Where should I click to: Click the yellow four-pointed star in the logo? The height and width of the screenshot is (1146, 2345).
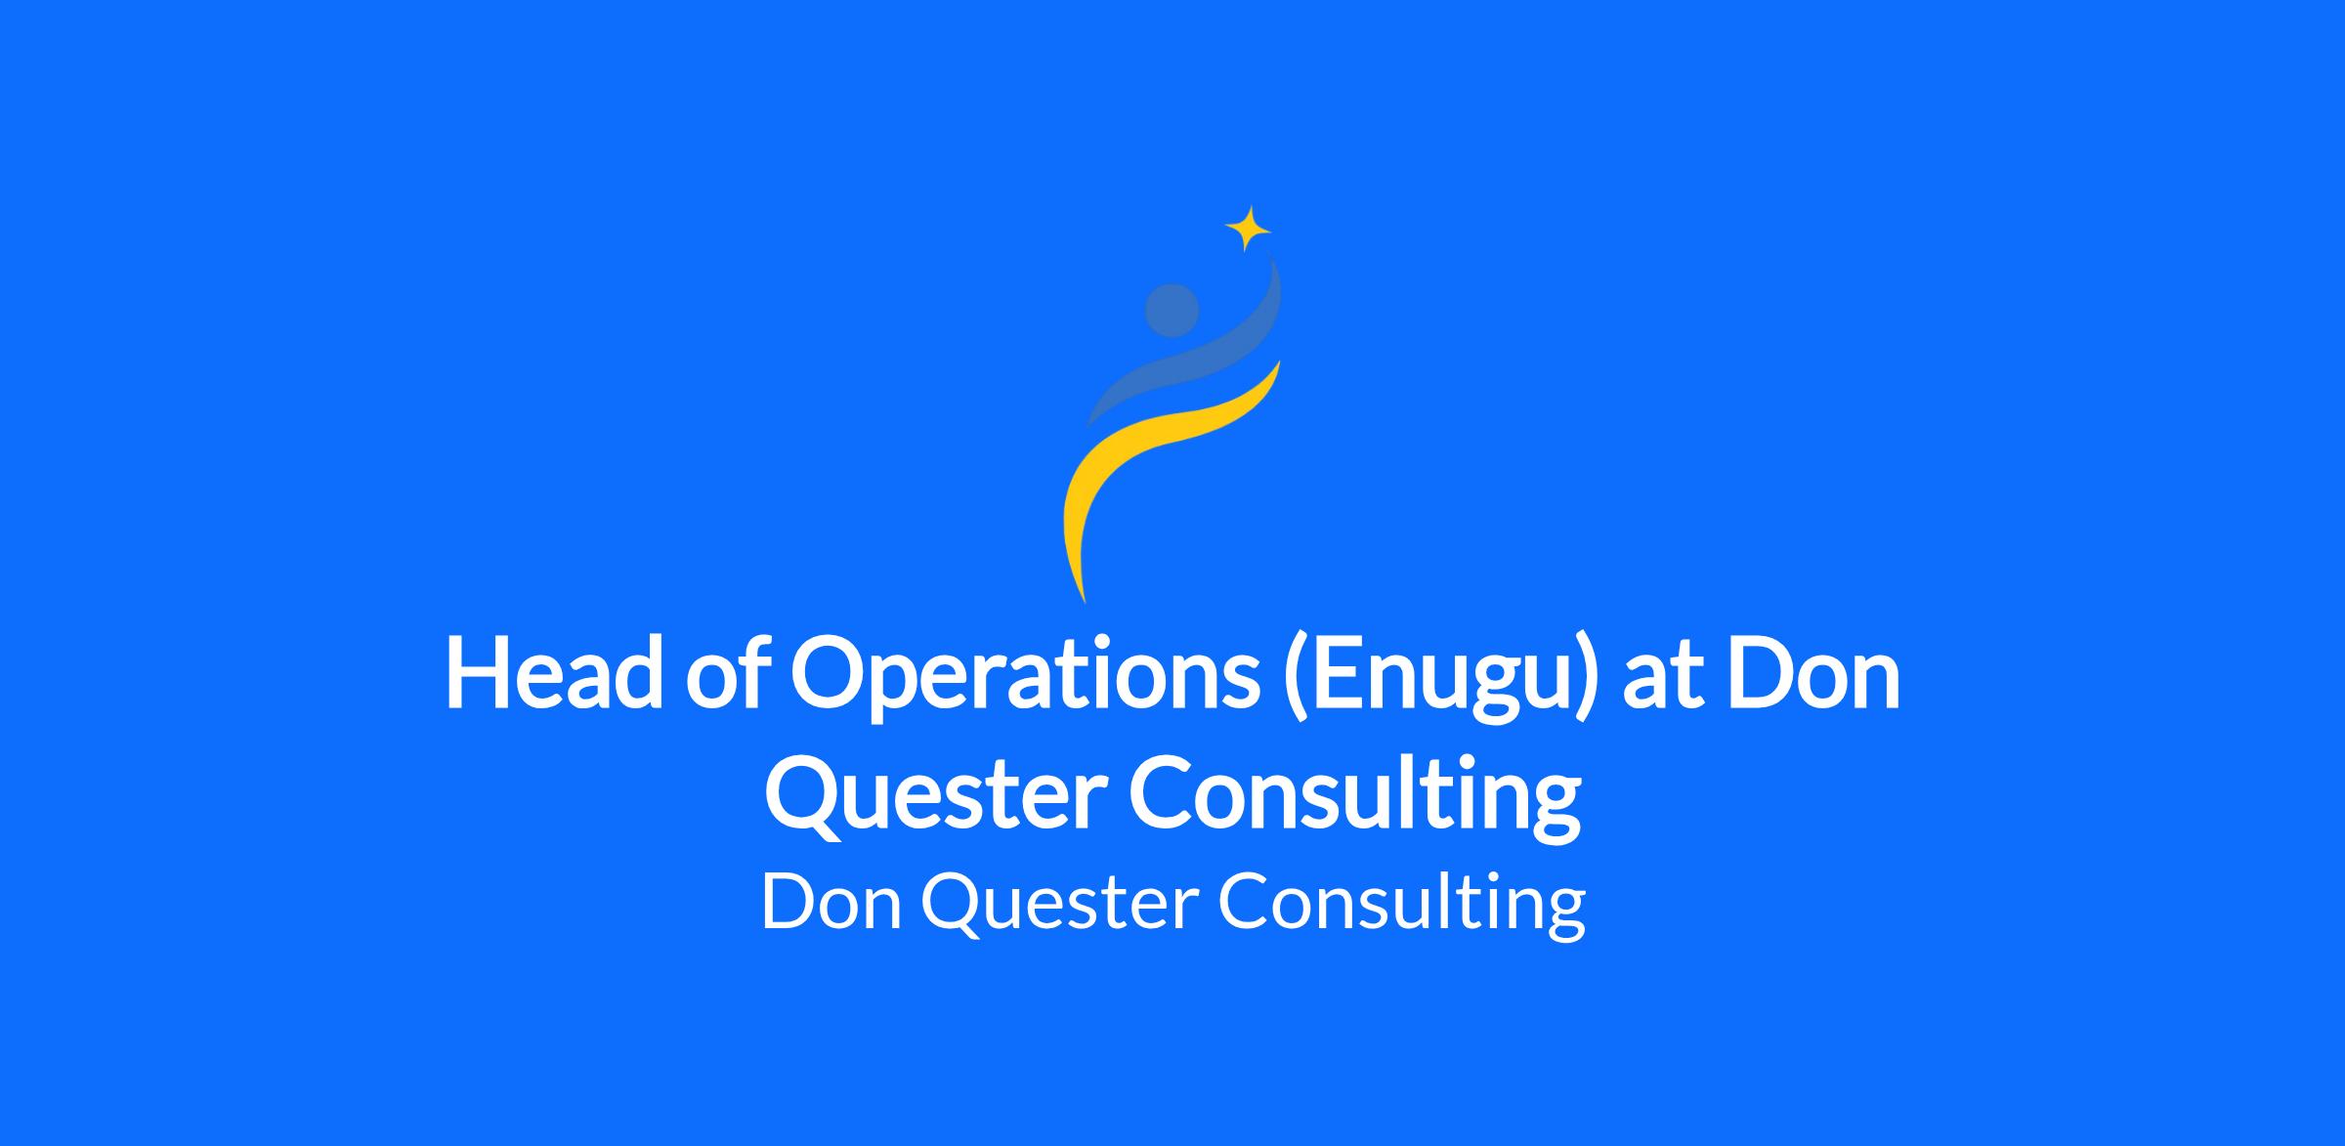1248,229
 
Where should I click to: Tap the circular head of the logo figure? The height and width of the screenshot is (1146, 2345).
1172,311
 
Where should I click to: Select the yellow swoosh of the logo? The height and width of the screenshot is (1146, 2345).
1153,459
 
